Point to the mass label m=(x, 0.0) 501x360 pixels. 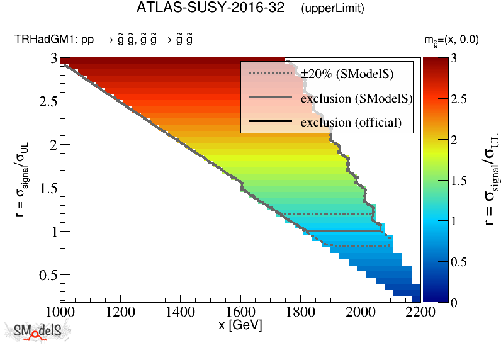click(x=451, y=40)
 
